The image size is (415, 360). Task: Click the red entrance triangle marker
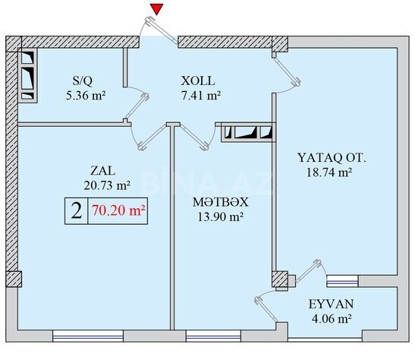pyautogui.click(x=157, y=9)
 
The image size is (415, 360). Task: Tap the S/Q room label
pyautogui.click(x=83, y=81)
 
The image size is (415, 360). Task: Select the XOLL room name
pyautogui.click(x=198, y=81)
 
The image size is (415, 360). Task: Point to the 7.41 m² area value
pyautogui.click(x=201, y=96)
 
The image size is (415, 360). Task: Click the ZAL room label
pyautogui.click(x=103, y=171)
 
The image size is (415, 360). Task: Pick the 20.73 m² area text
pyautogui.click(x=107, y=185)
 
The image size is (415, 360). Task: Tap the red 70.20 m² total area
pyautogui.click(x=118, y=211)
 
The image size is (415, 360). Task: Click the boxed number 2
pyautogui.click(x=77, y=211)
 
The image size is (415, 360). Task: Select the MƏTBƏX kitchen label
pyautogui.click(x=221, y=202)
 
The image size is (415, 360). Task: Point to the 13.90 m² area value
pyautogui.click(x=221, y=217)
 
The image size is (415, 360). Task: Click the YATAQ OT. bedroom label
pyautogui.click(x=332, y=158)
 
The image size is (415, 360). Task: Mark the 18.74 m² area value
pyautogui.click(x=329, y=172)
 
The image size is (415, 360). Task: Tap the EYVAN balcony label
pyautogui.click(x=331, y=304)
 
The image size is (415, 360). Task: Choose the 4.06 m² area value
pyautogui.click(x=332, y=318)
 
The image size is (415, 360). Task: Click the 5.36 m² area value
pyautogui.click(x=86, y=96)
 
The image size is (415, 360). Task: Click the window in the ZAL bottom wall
pyautogui.click(x=88, y=336)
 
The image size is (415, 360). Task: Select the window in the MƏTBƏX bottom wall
pyautogui.click(x=213, y=336)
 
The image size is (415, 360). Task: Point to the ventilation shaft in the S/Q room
pyautogui.click(x=28, y=75)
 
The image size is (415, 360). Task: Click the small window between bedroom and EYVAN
pyautogui.click(x=342, y=281)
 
